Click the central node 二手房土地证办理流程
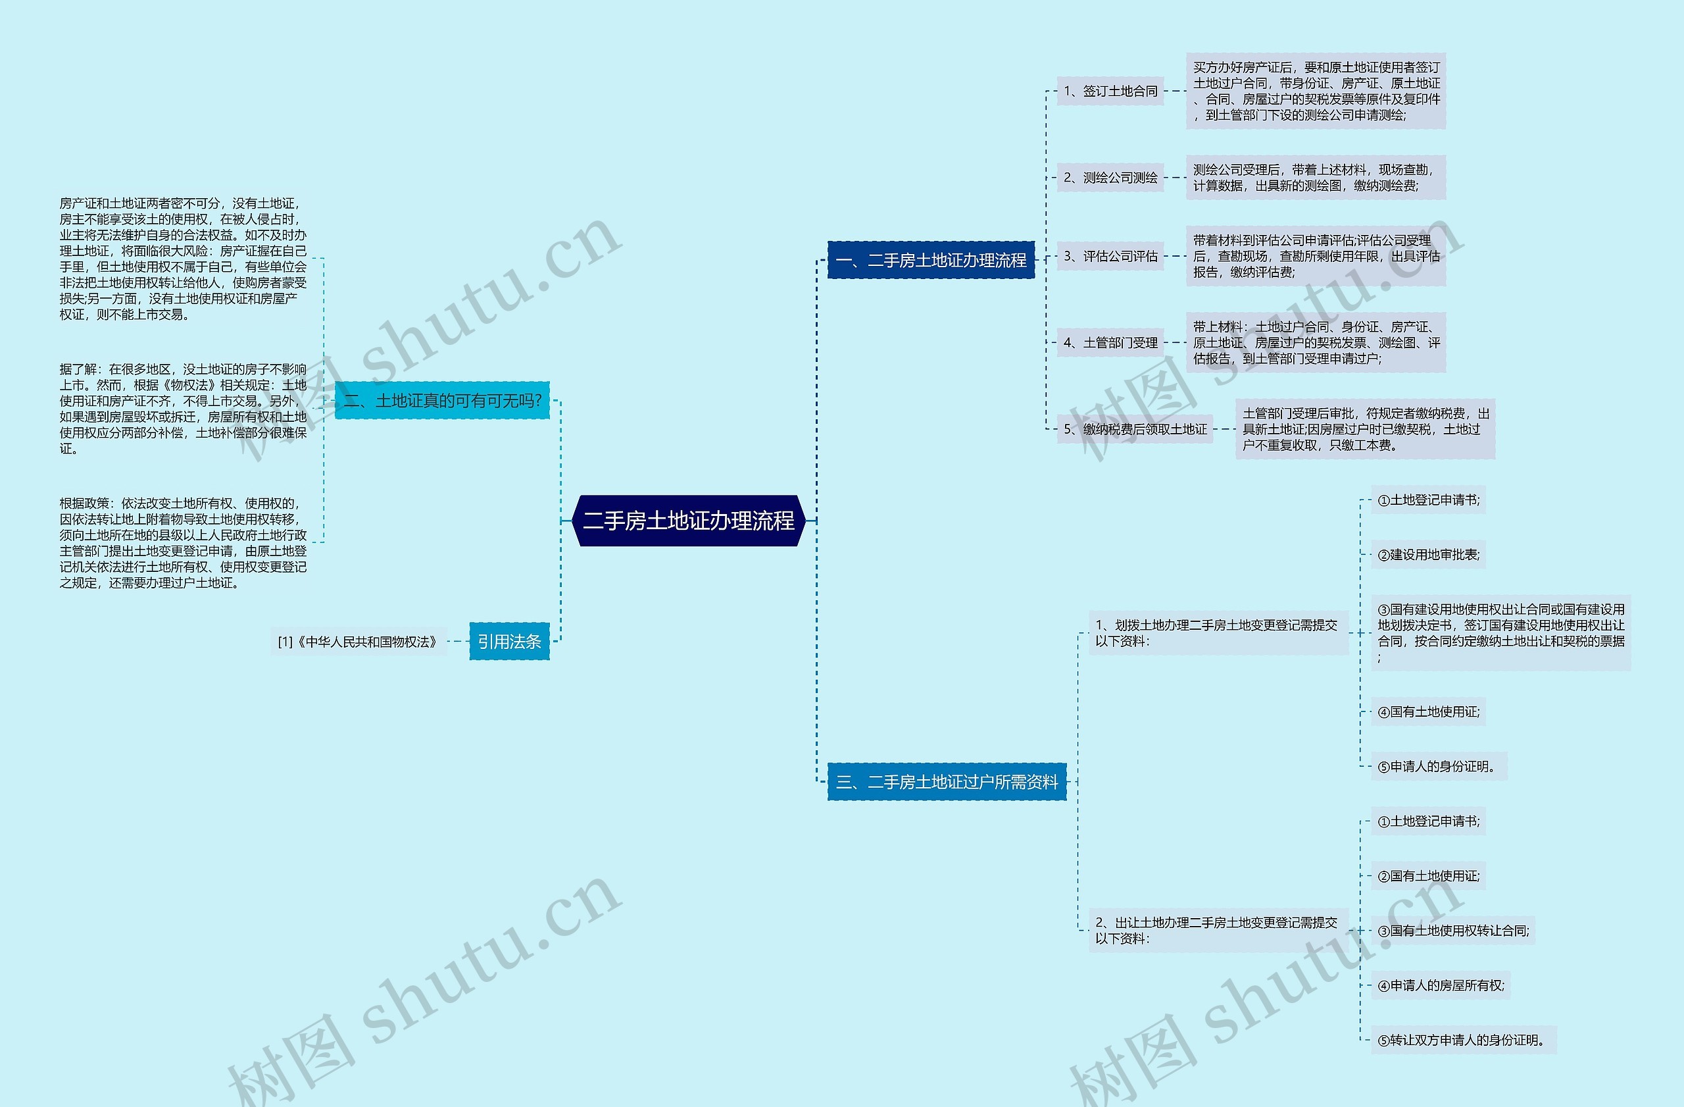point(689,521)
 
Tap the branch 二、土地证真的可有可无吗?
point(442,401)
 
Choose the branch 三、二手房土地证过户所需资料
point(947,782)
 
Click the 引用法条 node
point(508,641)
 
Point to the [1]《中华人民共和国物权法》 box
point(358,642)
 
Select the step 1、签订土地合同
point(1110,91)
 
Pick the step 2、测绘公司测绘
point(1110,178)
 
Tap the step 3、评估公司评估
point(1110,256)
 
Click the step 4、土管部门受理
point(1110,343)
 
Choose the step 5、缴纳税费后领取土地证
point(1135,429)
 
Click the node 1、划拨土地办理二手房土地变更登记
point(1218,632)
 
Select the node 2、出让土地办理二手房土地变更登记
point(1218,930)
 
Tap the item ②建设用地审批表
point(1428,555)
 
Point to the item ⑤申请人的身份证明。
point(1439,767)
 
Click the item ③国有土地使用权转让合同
point(1452,931)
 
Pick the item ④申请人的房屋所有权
point(1441,985)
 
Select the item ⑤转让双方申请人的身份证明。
point(1463,1041)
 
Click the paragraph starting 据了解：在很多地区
point(184,409)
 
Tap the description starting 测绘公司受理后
point(1316,178)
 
